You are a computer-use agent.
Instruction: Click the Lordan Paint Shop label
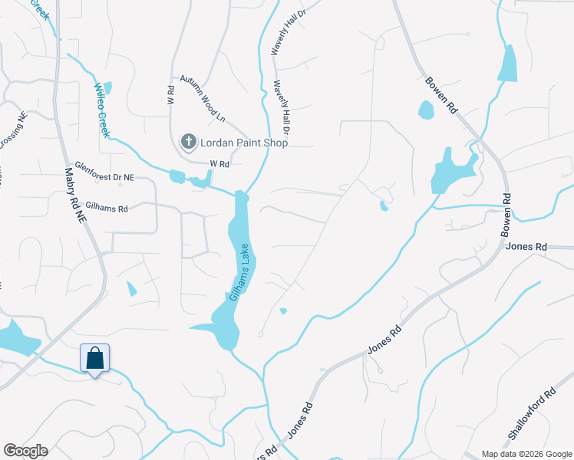pos(243,143)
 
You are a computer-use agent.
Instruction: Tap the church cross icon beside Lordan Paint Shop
pos(188,142)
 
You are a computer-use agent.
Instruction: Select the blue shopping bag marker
pos(94,359)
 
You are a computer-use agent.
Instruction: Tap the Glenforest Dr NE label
pos(100,177)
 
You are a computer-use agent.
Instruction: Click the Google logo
pos(25,451)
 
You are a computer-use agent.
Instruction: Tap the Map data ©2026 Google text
pos(526,454)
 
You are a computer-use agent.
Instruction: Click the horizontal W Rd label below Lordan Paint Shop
pos(220,164)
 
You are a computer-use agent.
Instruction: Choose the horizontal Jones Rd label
pos(526,247)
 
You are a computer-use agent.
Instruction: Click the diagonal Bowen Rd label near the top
pos(441,95)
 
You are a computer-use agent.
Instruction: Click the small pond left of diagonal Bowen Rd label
pos(426,110)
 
